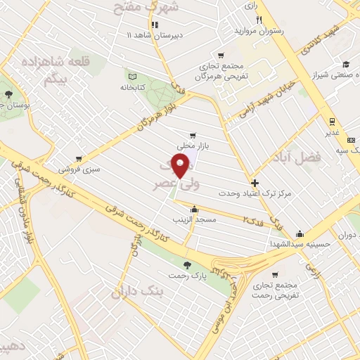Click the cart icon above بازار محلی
(x=193, y=136)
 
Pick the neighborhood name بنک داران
(x=140, y=290)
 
